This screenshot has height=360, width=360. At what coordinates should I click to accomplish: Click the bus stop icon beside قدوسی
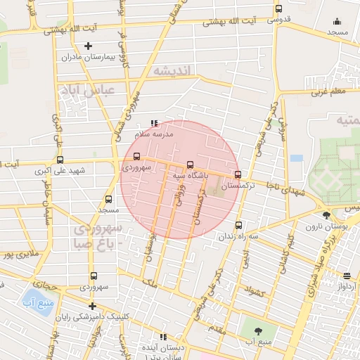[279, 9]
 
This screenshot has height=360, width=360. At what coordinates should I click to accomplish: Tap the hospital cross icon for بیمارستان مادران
[88, 46]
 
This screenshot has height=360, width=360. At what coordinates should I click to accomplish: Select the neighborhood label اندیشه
[177, 71]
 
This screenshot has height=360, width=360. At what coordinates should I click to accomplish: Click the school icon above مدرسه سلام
[154, 123]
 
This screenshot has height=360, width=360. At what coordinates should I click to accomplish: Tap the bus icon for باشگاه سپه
[190, 165]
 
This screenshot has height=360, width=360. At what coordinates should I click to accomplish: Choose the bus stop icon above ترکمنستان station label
[237, 174]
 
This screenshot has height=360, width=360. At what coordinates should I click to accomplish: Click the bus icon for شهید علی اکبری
[60, 160]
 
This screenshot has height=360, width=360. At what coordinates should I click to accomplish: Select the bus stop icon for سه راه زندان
[238, 226]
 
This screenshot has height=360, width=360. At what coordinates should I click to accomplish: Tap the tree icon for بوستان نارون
[326, 215]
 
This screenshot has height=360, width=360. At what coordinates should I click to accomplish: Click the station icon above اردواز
[347, 276]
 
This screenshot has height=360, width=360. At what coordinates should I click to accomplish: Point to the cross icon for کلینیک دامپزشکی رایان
[93, 306]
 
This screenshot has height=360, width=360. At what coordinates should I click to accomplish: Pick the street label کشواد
[253, 289]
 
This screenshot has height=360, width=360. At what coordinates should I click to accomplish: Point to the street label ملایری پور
[17, 254]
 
